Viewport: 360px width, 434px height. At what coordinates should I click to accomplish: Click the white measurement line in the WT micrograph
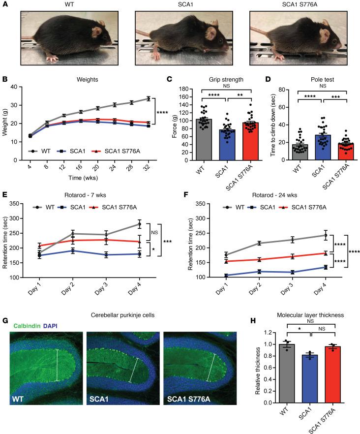click(58, 365)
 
